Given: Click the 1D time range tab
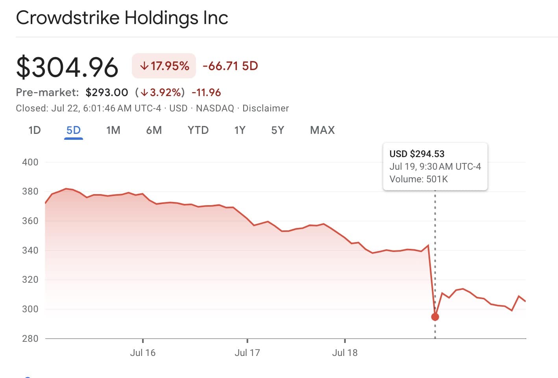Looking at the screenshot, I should (35, 130).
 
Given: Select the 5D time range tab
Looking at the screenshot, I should (74, 130).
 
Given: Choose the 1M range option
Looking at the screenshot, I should (113, 130).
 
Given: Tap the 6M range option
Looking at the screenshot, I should (154, 130).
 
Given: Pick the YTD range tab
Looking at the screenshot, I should (198, 130).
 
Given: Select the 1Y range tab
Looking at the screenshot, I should (240, 130).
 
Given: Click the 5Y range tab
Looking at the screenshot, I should (277, 130).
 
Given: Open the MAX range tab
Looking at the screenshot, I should (322, 130).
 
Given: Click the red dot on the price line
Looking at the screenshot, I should (435, 317).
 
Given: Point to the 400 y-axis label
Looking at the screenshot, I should (30, 162).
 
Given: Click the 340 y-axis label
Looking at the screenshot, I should (30, 250).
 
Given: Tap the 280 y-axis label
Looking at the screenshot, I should (30, 339).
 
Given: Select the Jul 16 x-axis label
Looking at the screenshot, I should (143, 353).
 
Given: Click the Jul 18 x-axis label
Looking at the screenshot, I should (345, 353).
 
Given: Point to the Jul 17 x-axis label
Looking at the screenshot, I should (247, 353).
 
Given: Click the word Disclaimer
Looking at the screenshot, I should (266, 108).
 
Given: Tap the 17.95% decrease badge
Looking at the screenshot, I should (164, 66).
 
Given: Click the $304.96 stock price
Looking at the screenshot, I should (67, 67).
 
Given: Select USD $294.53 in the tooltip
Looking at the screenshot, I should (417, 154).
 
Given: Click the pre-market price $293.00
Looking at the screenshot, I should (107, 93).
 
